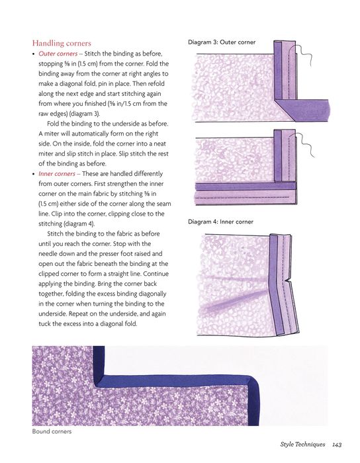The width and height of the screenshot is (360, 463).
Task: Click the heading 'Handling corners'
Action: [x=62, y=43]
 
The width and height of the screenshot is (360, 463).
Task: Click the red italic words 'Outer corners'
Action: [x=58, y=54]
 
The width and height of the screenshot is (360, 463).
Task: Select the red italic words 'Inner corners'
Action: [x=57, y=173]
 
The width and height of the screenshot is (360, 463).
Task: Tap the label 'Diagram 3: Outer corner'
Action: [x=222, y=42]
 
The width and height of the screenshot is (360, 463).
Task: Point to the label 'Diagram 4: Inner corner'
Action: [x=220, y=222]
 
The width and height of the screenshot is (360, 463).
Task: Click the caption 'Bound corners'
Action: [x=52, y=431]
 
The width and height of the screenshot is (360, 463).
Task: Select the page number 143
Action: [x=337, y=444]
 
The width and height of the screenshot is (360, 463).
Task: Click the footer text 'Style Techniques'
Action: [x=302, y=444]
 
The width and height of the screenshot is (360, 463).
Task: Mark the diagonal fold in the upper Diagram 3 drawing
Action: [x=285, y=111]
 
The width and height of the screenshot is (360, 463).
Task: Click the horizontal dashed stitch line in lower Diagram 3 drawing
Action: [x=242, y=197]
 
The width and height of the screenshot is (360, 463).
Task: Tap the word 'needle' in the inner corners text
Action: [x=48, y=253]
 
